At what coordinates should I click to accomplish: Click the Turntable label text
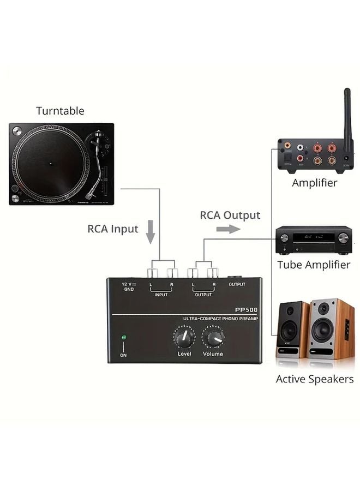[60, 111]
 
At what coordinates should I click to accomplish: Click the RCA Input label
[113, 229]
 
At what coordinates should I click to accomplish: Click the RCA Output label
[230, 215]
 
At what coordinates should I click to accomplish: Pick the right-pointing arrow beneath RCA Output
[228, 229]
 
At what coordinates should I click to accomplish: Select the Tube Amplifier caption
[313, 265]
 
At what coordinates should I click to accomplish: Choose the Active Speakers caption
[314, 379]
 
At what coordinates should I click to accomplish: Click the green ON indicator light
[124, 338]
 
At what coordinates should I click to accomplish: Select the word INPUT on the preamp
[161, 295]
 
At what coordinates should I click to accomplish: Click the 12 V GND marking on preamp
[128, 287]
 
